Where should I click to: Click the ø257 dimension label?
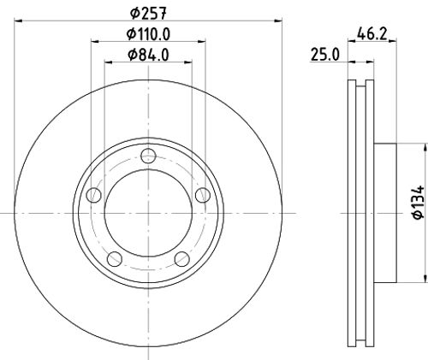point(147,12)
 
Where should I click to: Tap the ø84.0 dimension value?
point(147,56)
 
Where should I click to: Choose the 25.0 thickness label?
point(324,56)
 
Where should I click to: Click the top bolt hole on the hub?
point(147,156)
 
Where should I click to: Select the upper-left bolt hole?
point(93,195)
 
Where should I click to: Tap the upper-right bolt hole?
point(202,195)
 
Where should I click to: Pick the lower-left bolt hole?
point(114,259)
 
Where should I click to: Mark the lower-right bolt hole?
point(181,259)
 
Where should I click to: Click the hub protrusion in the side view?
point(387,212)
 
